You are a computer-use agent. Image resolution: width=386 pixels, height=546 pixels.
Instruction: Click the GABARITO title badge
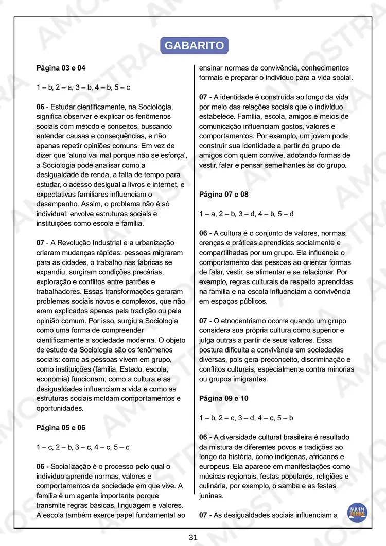point(194,45)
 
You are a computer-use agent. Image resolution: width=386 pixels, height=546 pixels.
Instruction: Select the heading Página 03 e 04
point(61,68)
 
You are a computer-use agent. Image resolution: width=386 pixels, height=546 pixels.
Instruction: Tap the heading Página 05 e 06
point(61,428)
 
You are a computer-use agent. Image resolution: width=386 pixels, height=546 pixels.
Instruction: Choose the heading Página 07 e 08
point(223,195)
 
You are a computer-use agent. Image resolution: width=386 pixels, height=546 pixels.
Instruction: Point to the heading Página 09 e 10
point(223,398)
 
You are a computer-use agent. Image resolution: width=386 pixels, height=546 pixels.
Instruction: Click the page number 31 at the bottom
point(193,537)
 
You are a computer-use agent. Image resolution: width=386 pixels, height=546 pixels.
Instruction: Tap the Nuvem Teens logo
point(357,513)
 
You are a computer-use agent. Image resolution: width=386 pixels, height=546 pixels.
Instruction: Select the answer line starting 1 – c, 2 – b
point(83,447)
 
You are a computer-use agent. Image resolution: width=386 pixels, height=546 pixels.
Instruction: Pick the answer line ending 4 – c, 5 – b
point(246,418)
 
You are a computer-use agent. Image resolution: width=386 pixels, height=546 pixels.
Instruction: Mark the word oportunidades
point(59,408)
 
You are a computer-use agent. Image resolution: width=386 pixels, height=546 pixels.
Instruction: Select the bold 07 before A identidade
point(203,97)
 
